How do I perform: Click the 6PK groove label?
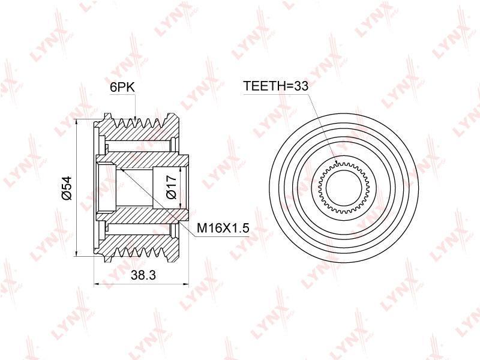(x=122, y=88)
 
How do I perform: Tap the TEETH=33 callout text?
(x=275, y=86)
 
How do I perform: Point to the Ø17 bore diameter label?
(x=172, y=187)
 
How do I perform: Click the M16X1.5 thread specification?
(x=223, y=229)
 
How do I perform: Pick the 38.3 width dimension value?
(x=143, y=275)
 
